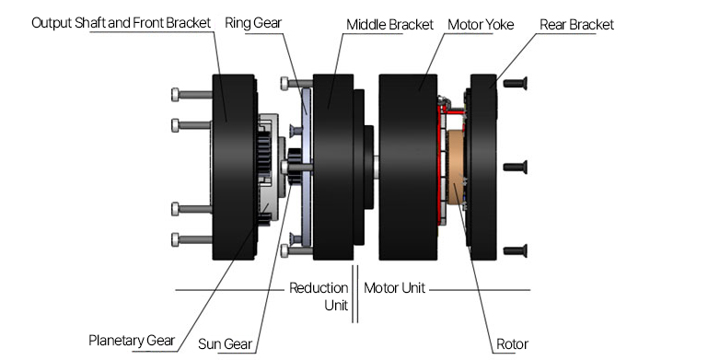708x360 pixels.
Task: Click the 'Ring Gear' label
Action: (x=253, y=23)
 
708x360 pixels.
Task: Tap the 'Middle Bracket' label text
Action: (x=389, y=24)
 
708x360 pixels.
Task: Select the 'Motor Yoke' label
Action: (x=481, y=24)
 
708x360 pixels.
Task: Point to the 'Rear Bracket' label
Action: (x=576, y=24)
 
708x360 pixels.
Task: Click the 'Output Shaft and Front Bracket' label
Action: (x=121, y=23)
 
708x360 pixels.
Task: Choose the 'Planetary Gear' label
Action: (x=132, y=340)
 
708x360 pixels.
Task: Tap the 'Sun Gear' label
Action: (x=225, y=344)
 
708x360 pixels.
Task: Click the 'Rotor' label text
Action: (x=512, y=344)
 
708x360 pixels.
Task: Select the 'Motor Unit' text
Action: (x=394, y=288)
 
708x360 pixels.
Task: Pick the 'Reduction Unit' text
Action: (x=319, y=296)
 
